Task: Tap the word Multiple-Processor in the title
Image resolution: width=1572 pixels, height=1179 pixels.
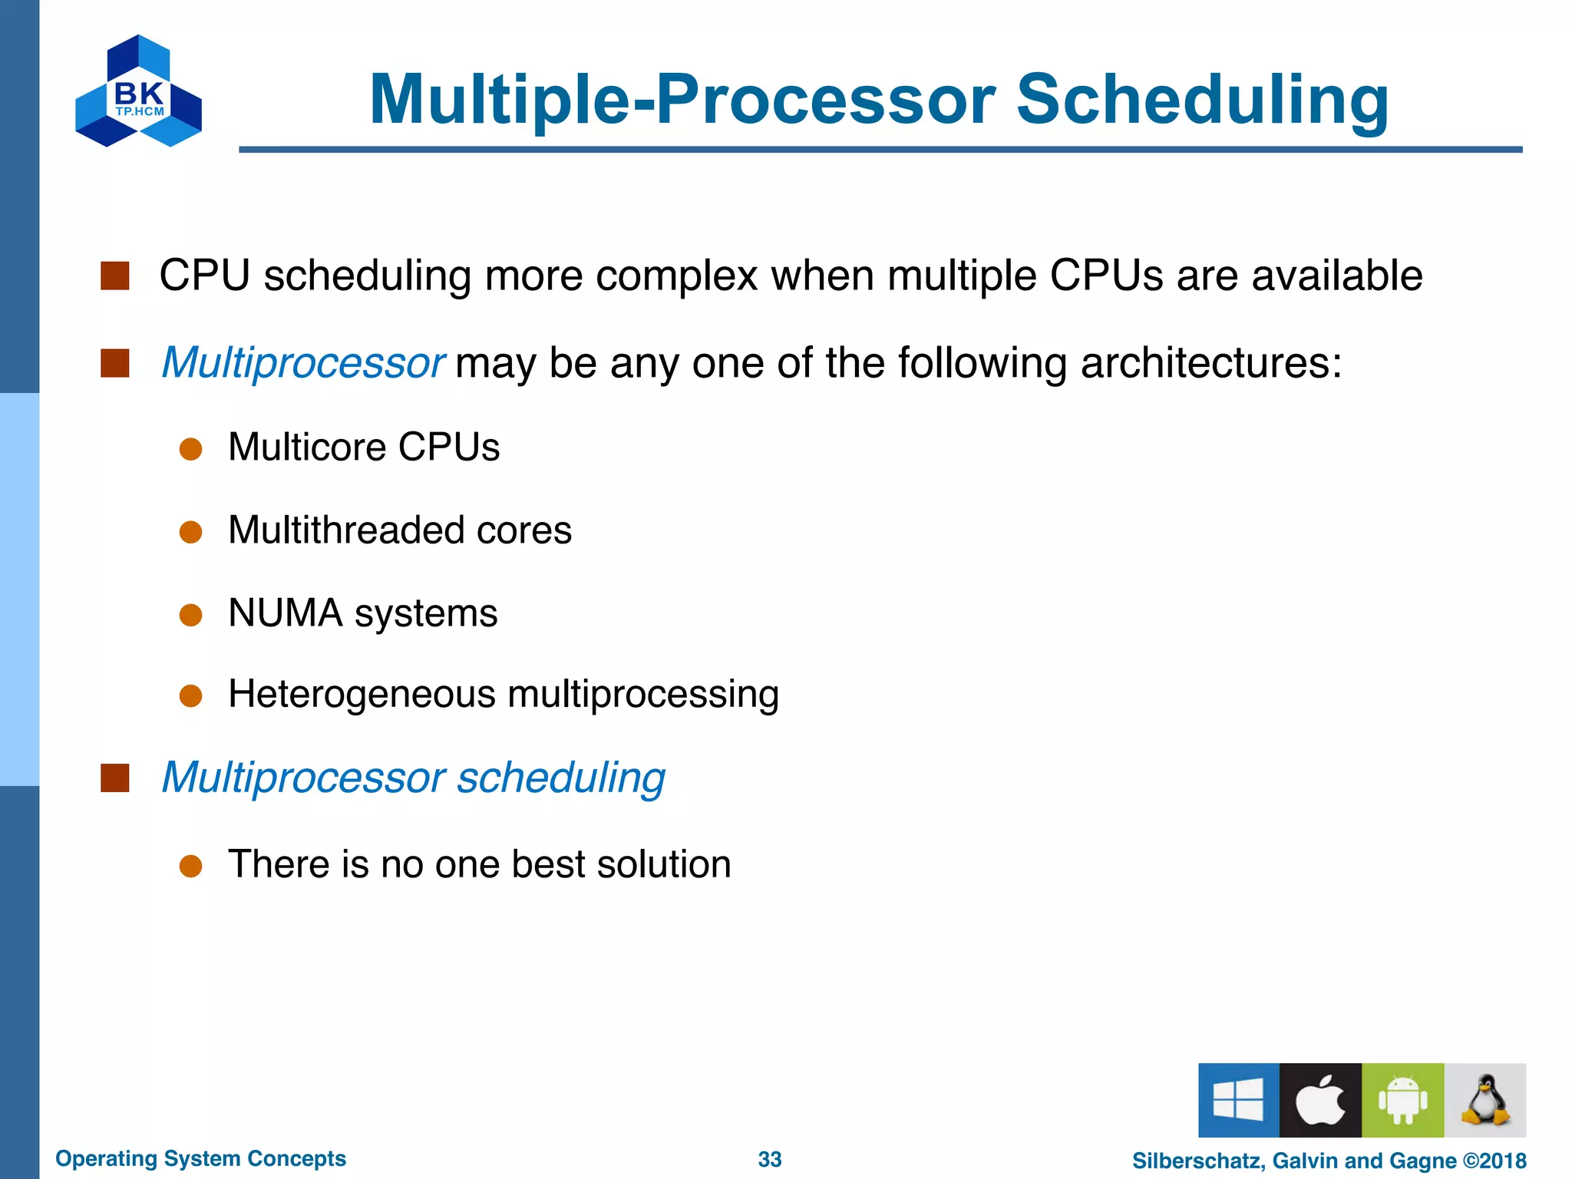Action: [682, 100]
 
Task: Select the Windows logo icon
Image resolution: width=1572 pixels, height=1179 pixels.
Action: [1238, 1100]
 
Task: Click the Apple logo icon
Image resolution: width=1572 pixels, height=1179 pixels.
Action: [1320, 1100]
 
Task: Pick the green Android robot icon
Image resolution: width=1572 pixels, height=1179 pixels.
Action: [1402, 1100]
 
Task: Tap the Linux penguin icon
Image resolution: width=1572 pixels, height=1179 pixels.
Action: [1484, 1100]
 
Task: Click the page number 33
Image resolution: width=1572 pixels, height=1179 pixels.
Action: [769, 1159]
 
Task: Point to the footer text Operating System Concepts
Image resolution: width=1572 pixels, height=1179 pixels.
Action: [200, 1158]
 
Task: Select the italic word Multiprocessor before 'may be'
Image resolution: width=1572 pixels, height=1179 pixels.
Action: [302, 362]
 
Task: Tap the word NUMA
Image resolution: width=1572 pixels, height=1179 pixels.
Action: [285, 613]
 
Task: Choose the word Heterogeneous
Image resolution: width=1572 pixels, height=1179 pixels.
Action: [362, 695]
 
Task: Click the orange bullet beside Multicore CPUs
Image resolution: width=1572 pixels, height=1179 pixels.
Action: [190, 449]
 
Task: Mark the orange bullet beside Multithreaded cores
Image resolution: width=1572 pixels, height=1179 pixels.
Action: [190, 532]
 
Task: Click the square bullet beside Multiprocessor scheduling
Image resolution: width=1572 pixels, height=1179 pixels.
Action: [115, 778]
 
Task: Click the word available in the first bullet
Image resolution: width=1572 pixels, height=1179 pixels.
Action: [1336, 276]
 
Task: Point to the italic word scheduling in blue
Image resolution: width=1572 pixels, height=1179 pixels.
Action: [561, 778]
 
